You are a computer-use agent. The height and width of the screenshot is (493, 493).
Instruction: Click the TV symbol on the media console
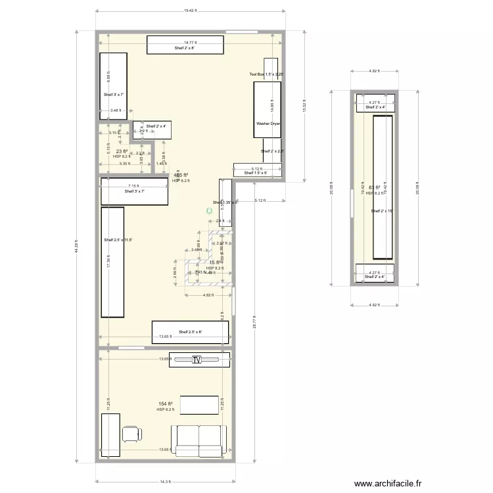click(x=196, y=360)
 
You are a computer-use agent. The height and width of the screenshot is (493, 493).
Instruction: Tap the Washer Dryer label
click(x=267, y=123)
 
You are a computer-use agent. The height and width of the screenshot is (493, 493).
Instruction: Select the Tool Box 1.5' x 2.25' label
click(x=266, y=75)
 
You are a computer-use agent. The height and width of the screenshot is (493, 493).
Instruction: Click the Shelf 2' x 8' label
click(x=185, y=49)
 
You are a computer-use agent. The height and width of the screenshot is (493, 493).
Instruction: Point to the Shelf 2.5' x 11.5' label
click(x=118, y=240)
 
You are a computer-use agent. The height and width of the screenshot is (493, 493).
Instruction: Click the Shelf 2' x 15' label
click(x=381, y=211)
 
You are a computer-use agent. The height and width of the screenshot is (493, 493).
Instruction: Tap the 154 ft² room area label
click(x=165, y=404)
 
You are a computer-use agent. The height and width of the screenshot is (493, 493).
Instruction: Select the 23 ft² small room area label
click(x=122, y=151)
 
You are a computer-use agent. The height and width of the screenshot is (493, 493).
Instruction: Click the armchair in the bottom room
click(x=131, y=434)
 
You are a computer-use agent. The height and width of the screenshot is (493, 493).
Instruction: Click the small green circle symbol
click(x=209, y=211)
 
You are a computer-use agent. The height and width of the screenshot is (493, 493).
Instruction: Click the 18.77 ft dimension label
click(x=191, y=41)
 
